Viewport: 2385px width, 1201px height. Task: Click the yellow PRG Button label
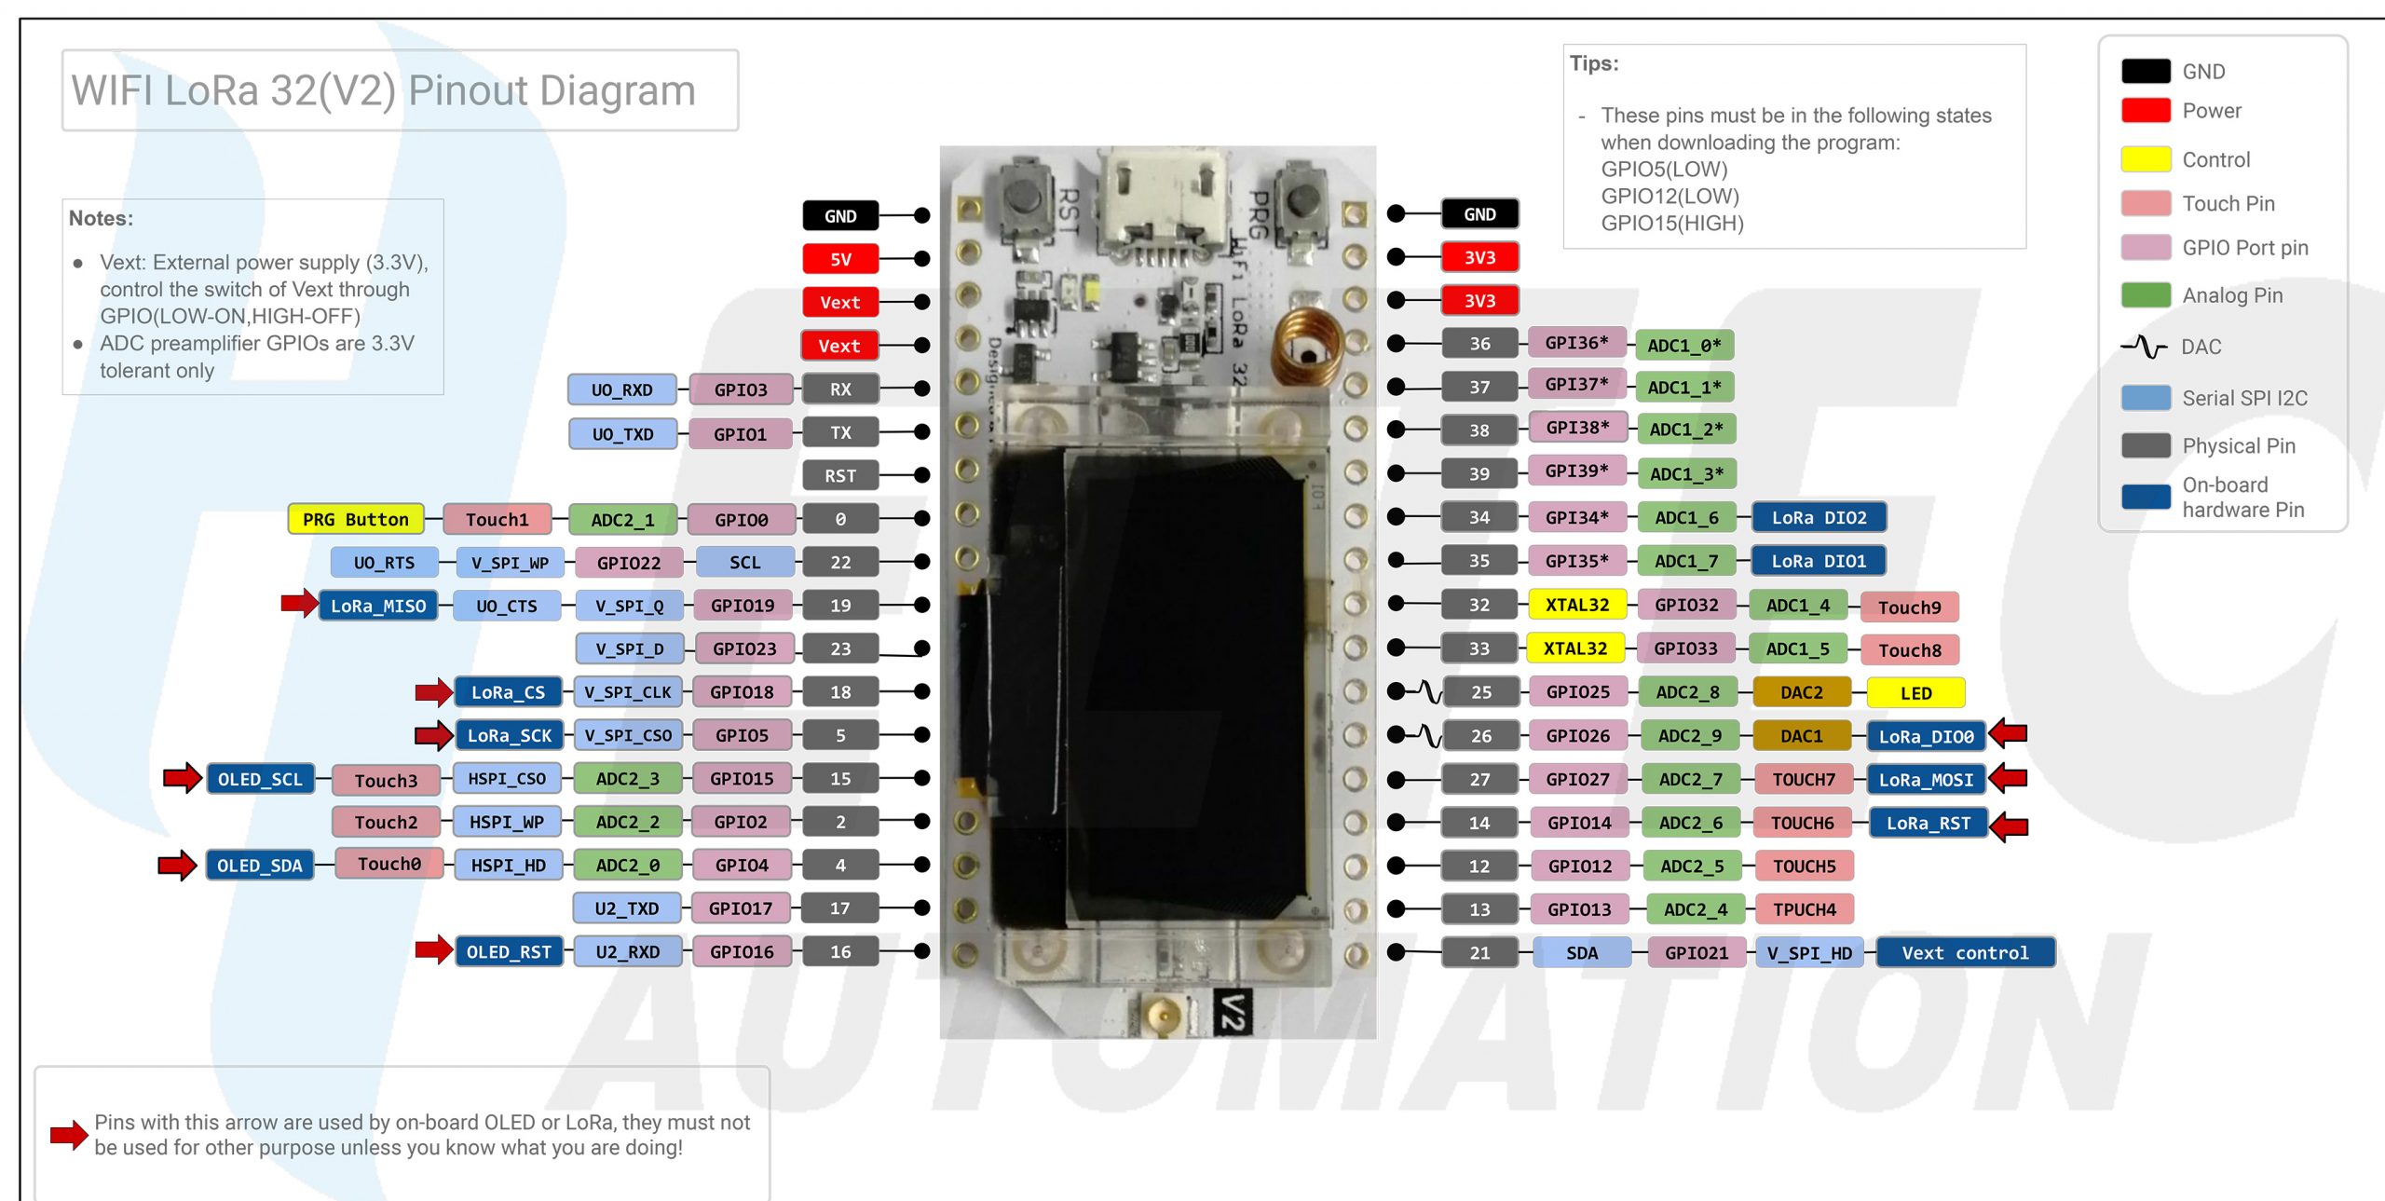tap(355, 519)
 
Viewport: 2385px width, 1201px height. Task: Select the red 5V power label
tap(839, 259)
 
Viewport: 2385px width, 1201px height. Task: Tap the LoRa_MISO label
tap(377, 606)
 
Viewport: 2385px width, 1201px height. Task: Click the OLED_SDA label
tap(259, 866)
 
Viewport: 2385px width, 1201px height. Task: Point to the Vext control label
tap(1964, 952)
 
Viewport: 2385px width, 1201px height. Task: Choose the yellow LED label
tap(1915, 693)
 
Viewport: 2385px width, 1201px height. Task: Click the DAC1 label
tap(1801, 736)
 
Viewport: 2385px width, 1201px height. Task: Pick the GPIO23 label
tap(743, 648)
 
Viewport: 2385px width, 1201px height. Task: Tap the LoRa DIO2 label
tap(1819, 517)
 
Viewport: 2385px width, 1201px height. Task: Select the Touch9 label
tap(1909, 607)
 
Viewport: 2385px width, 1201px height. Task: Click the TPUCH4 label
tap(1804, 909)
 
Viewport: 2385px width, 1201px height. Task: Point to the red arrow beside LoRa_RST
tap(2010, 826)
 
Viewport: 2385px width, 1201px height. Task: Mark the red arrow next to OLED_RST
tap(433, 949)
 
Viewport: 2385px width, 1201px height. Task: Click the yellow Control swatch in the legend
tap(2146, 159)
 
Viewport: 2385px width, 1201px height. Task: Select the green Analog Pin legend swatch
tap(2146, 295)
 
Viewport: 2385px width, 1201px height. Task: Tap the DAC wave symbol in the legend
tap(2144, 347)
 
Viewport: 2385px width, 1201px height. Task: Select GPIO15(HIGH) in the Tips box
tap(1671, 224)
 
